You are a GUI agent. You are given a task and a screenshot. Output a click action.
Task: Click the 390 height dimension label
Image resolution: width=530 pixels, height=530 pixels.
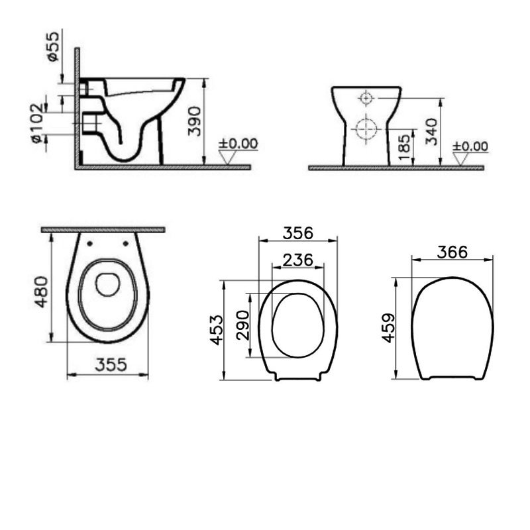195,121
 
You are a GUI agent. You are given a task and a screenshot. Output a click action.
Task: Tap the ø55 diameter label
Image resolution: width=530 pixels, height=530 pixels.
53,46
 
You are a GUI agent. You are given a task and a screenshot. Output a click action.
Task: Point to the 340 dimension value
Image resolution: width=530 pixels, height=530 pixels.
432,131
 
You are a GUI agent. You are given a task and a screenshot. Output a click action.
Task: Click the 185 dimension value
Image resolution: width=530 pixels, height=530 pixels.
404,147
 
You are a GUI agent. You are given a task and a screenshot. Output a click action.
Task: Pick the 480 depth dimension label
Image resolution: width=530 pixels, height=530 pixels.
42,291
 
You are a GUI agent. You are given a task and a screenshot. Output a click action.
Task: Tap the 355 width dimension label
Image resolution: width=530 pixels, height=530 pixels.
111,365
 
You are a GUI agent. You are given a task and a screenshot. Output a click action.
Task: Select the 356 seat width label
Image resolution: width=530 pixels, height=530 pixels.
298,233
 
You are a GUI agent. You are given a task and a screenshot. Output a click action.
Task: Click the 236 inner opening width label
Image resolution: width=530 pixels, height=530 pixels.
297,260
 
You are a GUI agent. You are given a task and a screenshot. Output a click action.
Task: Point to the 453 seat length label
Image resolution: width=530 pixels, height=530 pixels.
217,330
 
